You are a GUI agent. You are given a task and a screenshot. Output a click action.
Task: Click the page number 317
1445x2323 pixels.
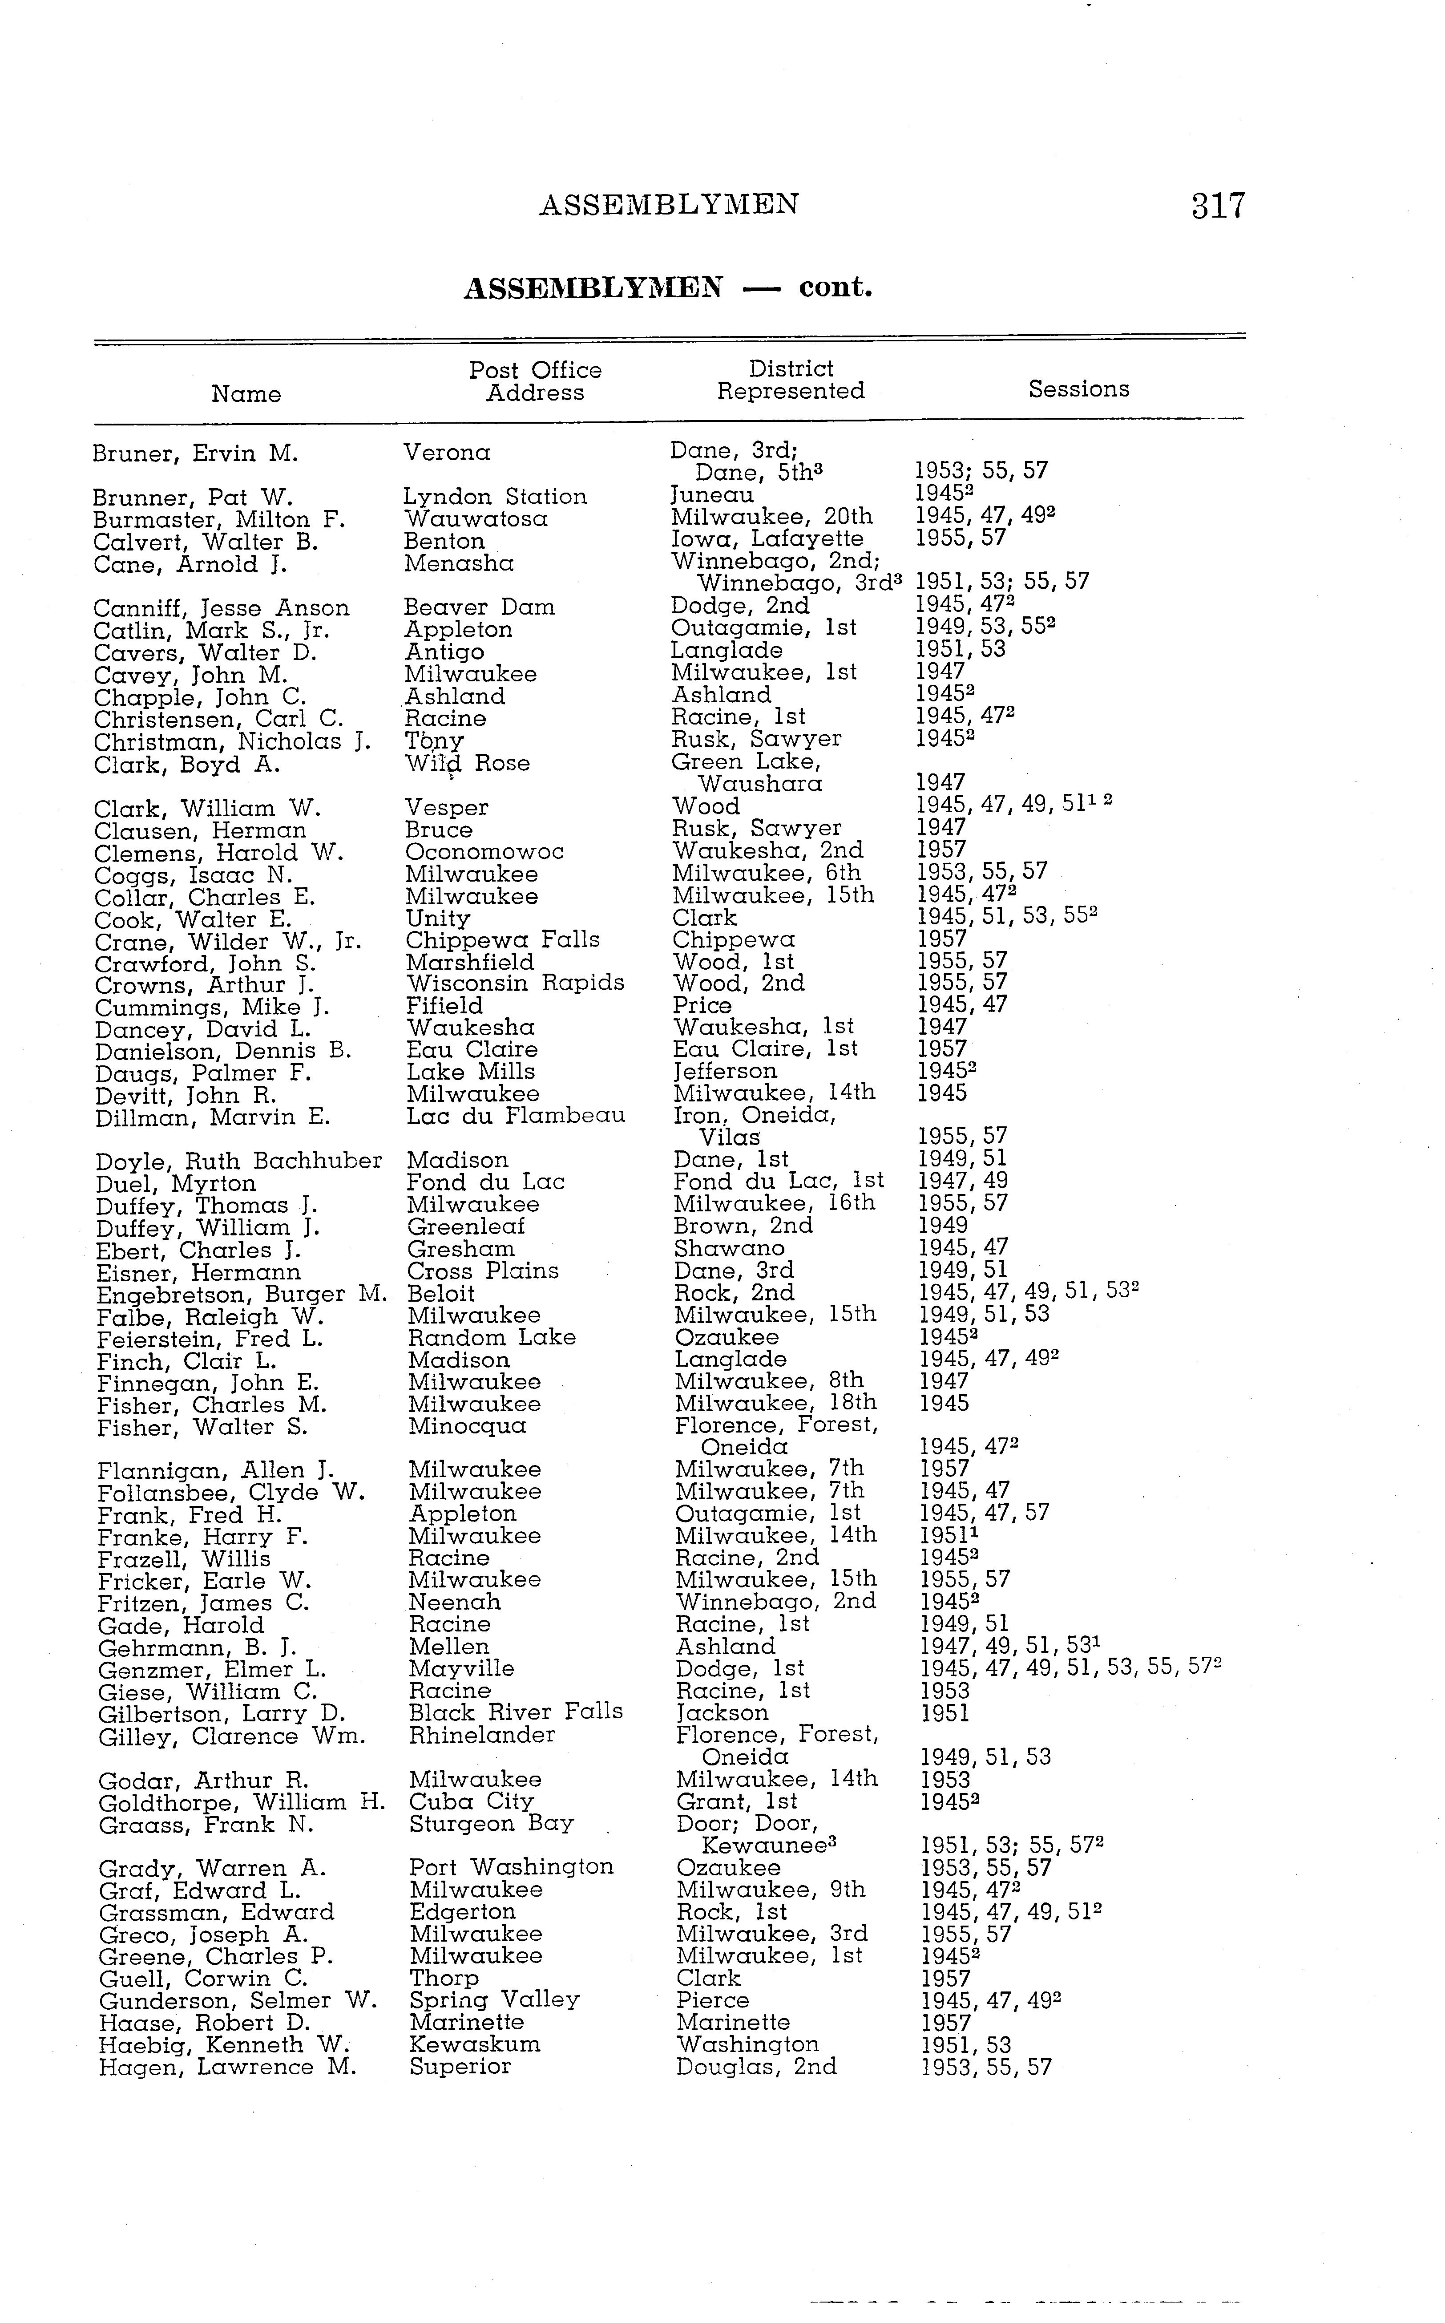[x=1218, y=206]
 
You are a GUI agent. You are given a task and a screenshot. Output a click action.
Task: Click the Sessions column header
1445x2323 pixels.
[x=1078, y=389]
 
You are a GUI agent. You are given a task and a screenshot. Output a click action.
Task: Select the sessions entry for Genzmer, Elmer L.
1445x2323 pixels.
[x=1070, y=1668]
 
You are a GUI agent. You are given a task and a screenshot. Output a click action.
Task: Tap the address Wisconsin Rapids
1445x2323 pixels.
[x=515, y=983]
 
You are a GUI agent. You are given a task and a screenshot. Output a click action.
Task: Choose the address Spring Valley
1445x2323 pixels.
[x=494, y=2000]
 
